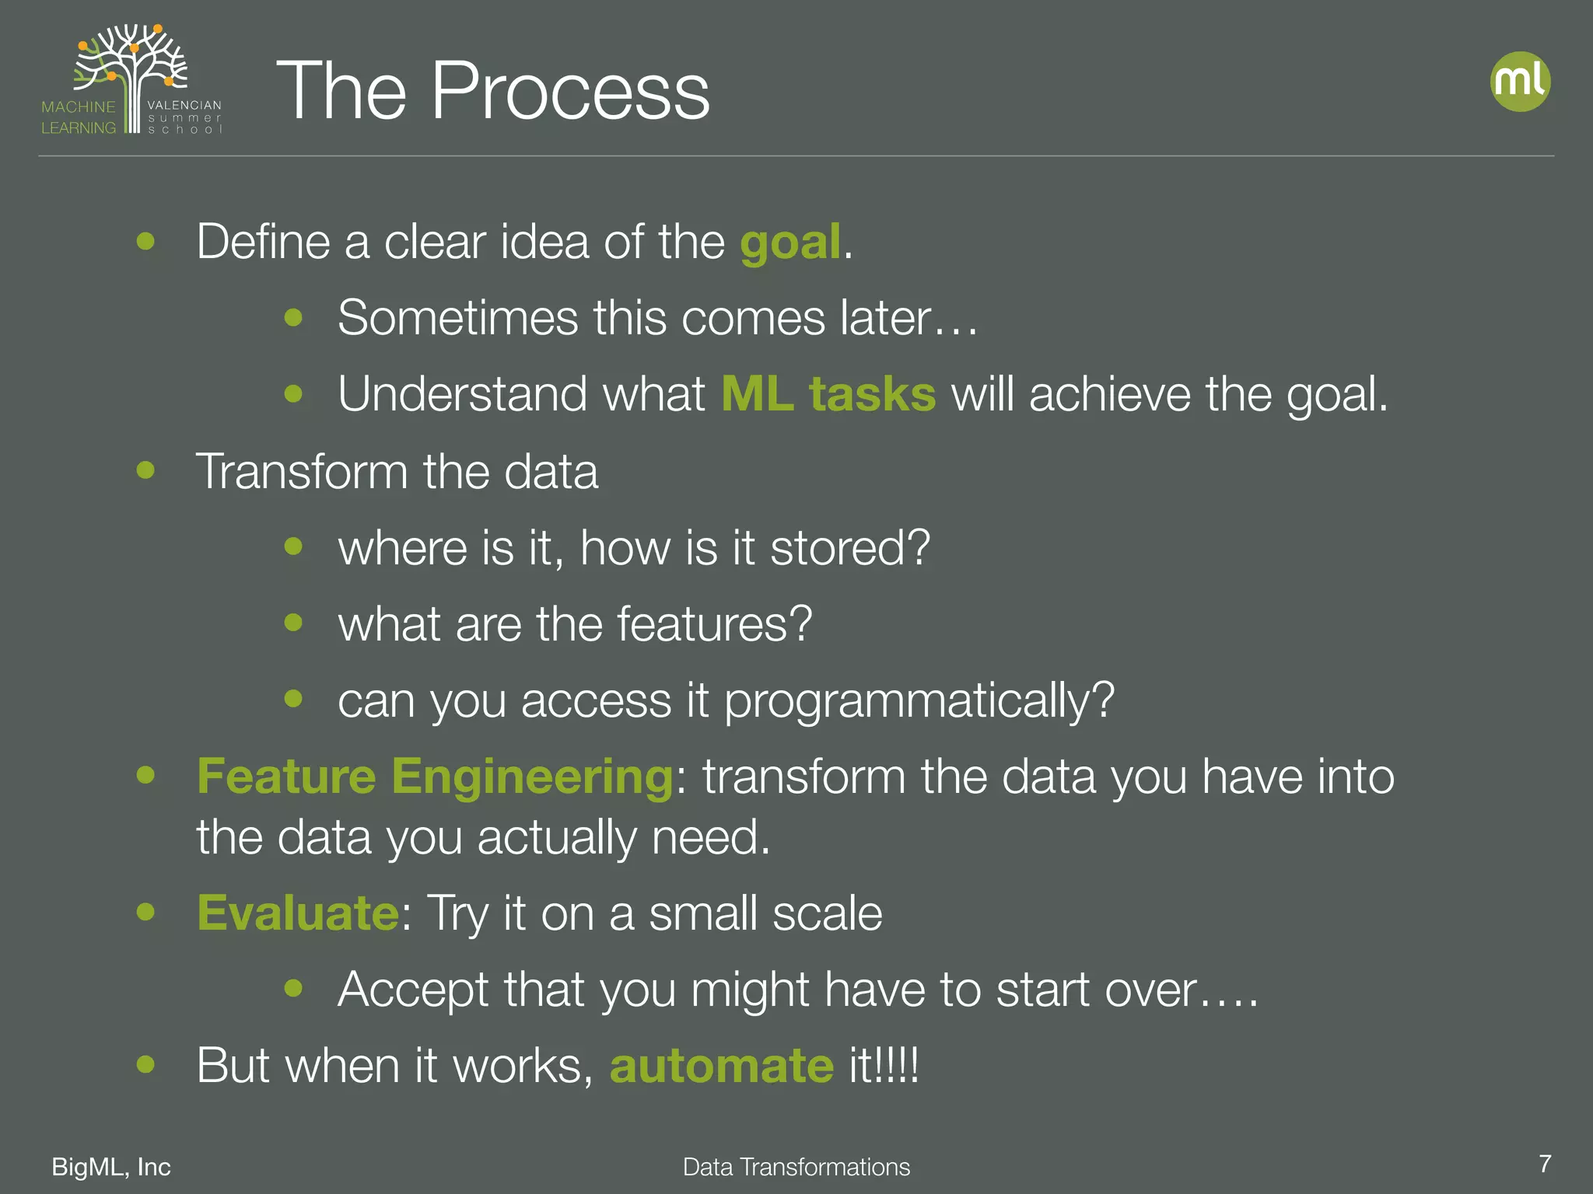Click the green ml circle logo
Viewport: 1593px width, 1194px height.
point(1520,82)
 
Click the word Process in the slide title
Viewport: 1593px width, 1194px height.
point(569,92)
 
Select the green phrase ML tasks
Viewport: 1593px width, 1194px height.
point(828,394)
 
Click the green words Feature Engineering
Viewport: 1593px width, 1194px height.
point(435,777)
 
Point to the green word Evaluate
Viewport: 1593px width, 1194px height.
point(298,913)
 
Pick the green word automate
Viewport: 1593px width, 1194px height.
point(721,1065)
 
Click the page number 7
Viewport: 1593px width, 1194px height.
point(1545,1164)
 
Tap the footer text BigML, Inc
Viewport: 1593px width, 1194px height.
point(111,1167)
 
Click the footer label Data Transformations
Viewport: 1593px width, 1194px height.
point(796,1167)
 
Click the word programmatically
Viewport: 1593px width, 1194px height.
point(919,701)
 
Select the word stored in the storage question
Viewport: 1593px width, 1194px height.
point(849,548)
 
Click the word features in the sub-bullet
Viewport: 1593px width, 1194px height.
point(713,624)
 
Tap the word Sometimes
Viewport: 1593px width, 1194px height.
point(458,318)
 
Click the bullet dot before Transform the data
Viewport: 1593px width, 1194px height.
point(145,470)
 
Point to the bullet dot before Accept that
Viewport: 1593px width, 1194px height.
point(293,988)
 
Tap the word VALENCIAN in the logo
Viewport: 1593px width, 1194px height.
point(184,105)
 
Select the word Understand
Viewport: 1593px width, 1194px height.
point(462,394)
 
